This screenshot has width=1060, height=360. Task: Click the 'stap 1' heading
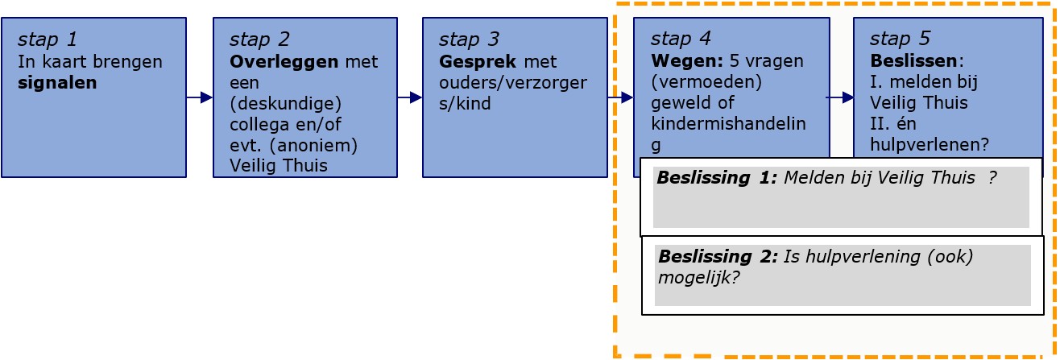coord(48,39)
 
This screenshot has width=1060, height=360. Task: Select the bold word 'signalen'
coord(56,82)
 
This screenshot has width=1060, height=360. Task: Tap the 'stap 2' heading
coord(259,39)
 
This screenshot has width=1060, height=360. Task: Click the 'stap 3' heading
coord(469,39)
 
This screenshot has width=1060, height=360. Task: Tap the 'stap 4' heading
coord(681,39)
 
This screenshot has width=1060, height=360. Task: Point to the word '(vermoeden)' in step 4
coord(697,82)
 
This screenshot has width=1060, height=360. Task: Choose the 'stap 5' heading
coord(900,39)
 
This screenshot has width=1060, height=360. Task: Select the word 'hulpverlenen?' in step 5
coord(930,145)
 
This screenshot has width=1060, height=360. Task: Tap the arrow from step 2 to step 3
coord(410,98)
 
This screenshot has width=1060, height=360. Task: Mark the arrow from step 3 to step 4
coord(620,98)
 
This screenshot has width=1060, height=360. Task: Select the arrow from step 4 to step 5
coord(842,98)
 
